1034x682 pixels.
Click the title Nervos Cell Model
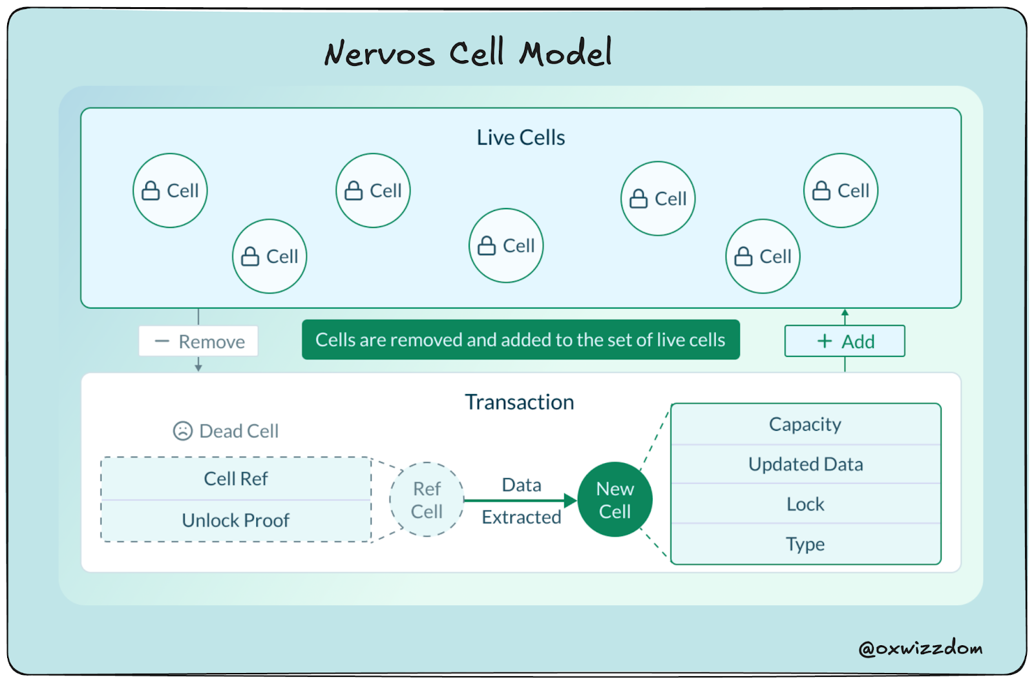(x=468, y=52)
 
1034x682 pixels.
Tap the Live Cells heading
(x=521, y=138)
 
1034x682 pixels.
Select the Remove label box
(x=198, y=341)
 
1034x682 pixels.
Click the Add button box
(x=845, y=341)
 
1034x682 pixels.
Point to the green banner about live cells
(x=520, y=340)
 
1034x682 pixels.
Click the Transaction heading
(x=519, y=402)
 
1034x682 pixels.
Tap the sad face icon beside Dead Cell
(x=183, y=431)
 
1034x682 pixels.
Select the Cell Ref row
(x=236, y=479)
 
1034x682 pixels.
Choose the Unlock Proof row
(x=236, y=520)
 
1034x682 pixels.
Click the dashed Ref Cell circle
(x=427, y=499)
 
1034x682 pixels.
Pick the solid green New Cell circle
(x=615, y=499)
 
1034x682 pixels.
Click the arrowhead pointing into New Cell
(x=570, y=500)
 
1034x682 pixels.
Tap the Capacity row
(x=805, y=424)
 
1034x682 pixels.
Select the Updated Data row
(x=805, y=464)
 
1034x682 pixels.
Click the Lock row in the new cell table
(x=805, y=504)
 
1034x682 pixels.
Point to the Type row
(x=805, y=544)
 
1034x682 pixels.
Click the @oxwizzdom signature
(x=920, y=648)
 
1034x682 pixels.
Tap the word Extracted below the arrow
(x=521, y=517)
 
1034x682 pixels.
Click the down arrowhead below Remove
(x=198, y=367)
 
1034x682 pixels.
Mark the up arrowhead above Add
(x=845, y=313)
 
